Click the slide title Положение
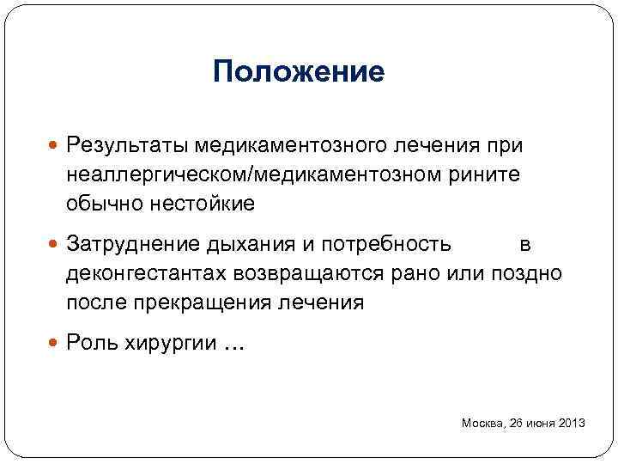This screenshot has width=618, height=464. click(299, 71)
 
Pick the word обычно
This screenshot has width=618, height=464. click(101, 204)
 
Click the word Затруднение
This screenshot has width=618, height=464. click(133, 244)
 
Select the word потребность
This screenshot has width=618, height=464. click(385, 244)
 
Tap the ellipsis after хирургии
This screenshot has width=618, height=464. click(233, 347)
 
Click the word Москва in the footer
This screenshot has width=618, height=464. click(483, 423)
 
